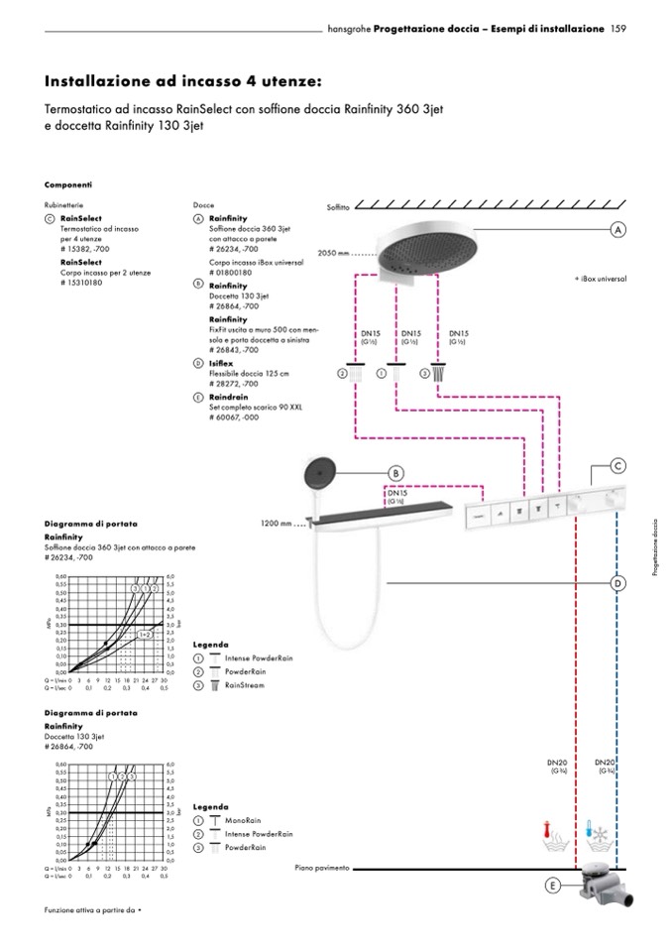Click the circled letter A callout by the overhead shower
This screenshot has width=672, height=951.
pyautogui.click(x=616, y=229)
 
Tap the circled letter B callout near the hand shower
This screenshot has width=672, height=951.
pyautogui.click(x=394, y=473)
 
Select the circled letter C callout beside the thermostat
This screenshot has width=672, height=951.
pyautogui.click(x=616, y=464)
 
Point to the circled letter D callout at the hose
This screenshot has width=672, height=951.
pyautogui.click(x=616, y=584)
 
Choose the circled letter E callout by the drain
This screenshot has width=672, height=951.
pyautogui.click(x=552, y=886)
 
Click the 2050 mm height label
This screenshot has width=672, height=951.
pyautogui.click(x=333, y=254)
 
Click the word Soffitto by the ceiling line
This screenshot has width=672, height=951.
pyautogui.click(x=339, y=207)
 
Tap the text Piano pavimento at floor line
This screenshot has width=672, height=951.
pyautogui.click(x=322, y=868)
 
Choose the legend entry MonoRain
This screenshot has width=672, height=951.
pyautogui.click(x=244, y=821)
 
